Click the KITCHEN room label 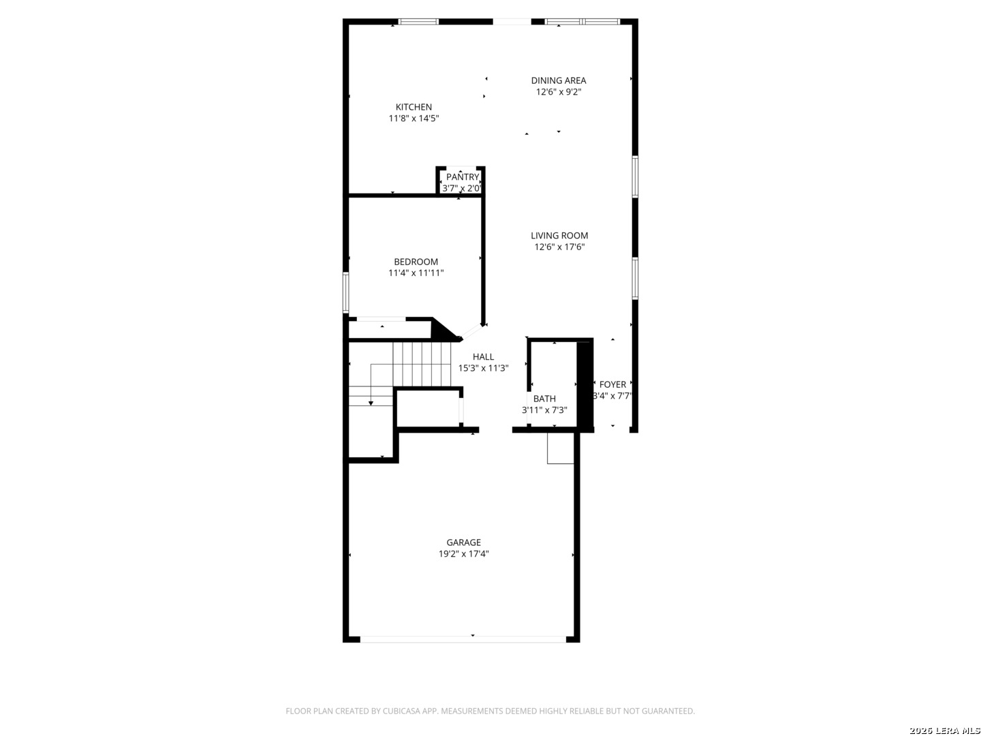pos(414,107)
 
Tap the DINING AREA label pos(559,80)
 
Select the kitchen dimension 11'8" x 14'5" pos(414,119)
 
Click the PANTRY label pos(463,177)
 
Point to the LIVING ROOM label pos(559,236)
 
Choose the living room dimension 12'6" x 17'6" pos(559,247)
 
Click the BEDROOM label pos(416,262)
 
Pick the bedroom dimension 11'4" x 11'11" pos(416,273)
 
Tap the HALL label pos(483,356)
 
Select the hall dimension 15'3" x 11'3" pos(483,368)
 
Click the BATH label pos(544,399)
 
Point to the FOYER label pos(612,384)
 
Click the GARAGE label pos(463,542)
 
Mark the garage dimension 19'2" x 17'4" pos(463,554)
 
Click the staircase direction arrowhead pos(371,403)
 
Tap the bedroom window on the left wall pos(346,292)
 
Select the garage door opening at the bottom pos(463,639)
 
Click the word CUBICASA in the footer pos(404,711)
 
